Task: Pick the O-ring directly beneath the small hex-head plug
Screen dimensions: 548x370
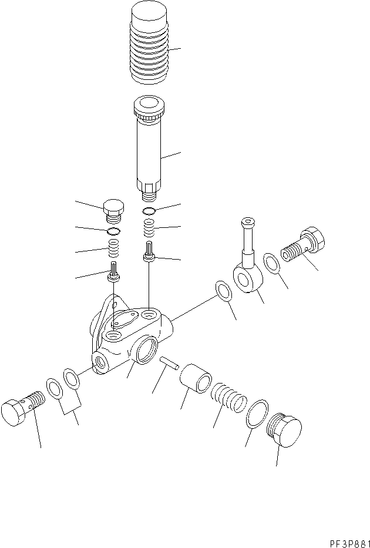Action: tap(114, 231)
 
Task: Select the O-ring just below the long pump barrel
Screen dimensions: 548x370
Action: tap(150, 211)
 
